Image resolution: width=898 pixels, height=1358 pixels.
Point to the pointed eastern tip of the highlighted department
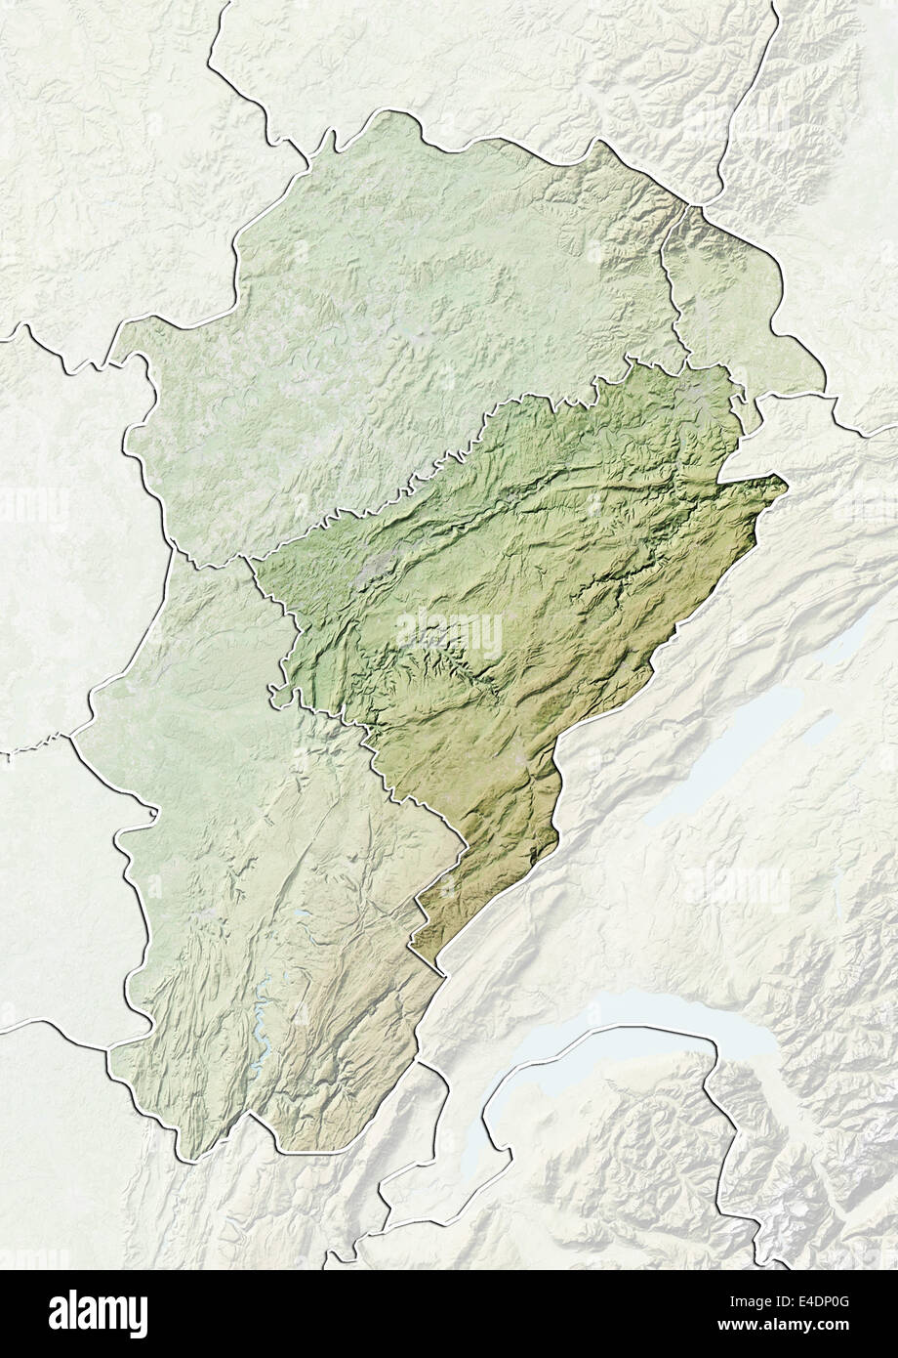pos(783,479)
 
